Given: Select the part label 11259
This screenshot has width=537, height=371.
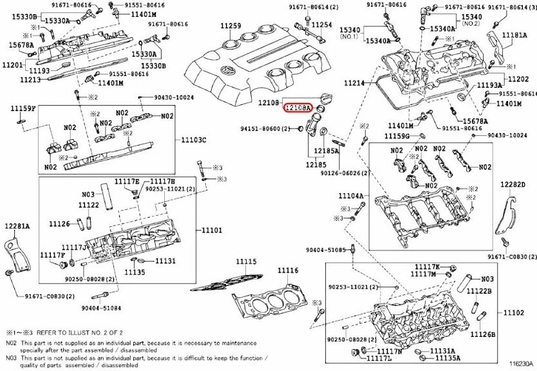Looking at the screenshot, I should pos(231,26).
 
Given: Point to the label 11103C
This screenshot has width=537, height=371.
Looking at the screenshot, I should pos(194,139).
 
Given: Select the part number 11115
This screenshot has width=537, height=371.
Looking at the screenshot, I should pos(245,262).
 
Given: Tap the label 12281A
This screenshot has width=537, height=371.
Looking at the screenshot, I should pos(17,226).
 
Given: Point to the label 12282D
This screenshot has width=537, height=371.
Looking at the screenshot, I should pos(513,185).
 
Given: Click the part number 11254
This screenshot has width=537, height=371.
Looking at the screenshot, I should pos(322,25).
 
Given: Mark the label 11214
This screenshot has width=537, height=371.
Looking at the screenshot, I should pos(353,83).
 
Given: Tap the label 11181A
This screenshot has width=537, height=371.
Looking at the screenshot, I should pos(514,35).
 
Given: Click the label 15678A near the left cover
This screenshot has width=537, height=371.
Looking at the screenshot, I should pos(21,44).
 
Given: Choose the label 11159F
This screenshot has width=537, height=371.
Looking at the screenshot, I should pos(23,108).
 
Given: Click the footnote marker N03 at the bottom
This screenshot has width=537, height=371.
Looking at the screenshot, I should pos(11,356).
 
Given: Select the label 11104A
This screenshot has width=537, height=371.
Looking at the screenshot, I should pos(352,195).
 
